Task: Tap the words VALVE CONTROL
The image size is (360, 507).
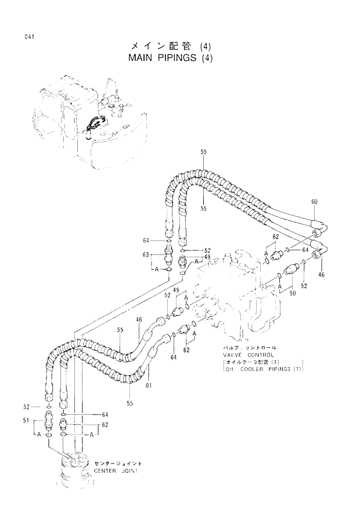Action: point(244,354)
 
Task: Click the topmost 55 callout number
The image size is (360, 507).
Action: point(204,152)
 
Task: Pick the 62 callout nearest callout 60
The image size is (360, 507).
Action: point(276,236)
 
